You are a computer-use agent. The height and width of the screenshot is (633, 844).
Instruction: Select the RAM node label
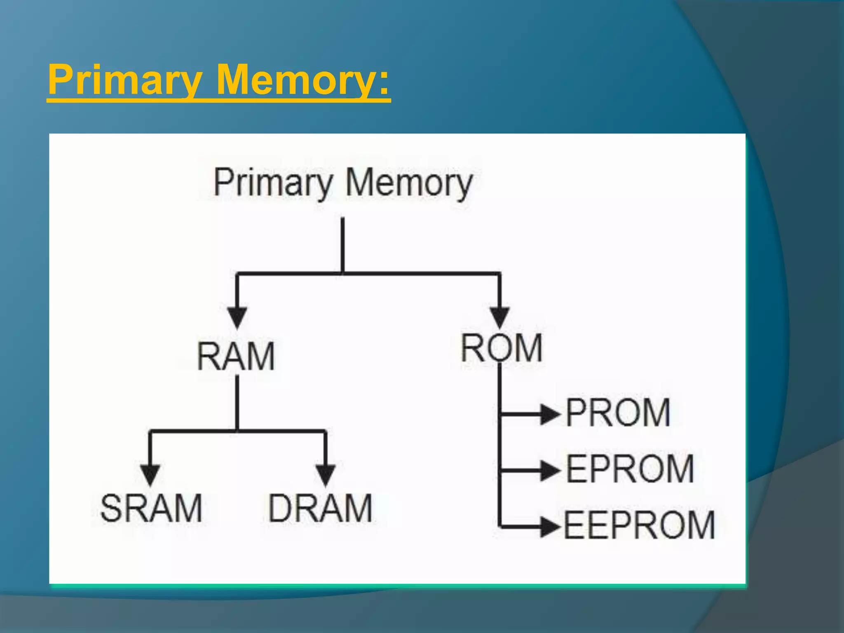[236, 356]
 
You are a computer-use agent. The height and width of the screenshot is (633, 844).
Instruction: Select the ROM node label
[502, 349]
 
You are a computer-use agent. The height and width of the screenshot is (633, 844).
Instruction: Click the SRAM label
[151, 508]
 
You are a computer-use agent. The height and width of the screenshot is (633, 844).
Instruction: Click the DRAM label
[320, 508]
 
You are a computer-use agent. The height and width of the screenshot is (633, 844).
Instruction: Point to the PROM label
[618, 413]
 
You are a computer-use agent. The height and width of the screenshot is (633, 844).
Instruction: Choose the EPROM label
[630, 469]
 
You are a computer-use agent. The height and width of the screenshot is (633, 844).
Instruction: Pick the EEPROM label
[639, 525]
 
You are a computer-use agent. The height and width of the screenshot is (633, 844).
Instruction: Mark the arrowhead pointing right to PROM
[550, 414]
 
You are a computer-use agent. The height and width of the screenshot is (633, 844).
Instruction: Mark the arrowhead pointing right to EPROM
[550, 470]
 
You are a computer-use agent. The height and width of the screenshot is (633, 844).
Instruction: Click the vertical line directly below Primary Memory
[342, 245]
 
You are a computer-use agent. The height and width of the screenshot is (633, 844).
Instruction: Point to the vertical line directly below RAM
[237, 402]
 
